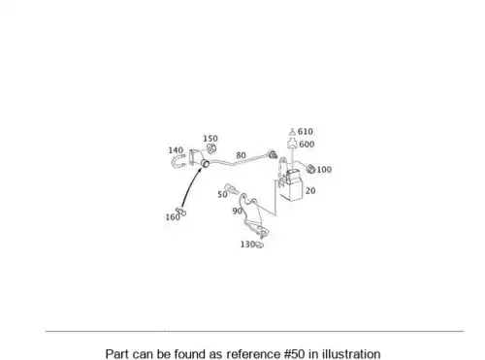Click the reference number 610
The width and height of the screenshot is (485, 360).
(x=306, y=132)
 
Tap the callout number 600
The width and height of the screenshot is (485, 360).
(x=307, y=145)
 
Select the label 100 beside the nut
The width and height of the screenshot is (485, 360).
(x=324, y=170)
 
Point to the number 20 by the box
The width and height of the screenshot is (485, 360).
(x=310, y=191)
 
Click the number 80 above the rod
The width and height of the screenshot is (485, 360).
(x=241, y=155)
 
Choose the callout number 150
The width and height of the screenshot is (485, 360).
(x=210, y=139)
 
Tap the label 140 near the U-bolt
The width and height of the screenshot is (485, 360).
(x=176, y=150)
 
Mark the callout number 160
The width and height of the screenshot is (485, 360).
(x=173, y=217)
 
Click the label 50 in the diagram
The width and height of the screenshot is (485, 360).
(x=222, y=194)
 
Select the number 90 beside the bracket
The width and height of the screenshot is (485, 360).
(x=238, y=211)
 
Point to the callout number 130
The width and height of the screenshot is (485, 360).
(x=247, y=245)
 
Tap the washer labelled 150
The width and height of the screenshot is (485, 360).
(x=211, y=149)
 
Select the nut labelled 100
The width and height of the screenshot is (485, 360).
(x=310, y=169)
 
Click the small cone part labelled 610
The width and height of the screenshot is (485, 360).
(x=292, y=132)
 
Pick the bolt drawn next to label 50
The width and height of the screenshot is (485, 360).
(x=231, y=189)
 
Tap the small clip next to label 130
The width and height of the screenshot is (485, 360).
(x=259, y=245)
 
